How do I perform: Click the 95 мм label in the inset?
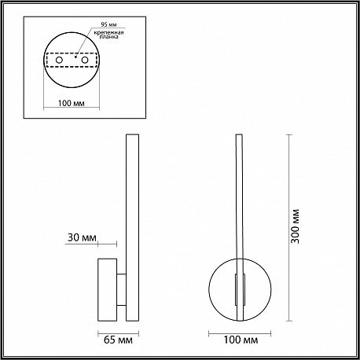(x=108, y=24)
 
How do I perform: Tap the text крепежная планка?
(x=108, y=35)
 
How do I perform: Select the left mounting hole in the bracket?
(x=59, y=60)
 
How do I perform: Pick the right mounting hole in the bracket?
(x=85, y=60)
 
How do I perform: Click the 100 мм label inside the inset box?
(x=72, y=103)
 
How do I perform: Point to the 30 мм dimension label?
(x=82, y=237)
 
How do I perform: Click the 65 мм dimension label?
(x=118, y=340)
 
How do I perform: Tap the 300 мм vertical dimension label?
(x=295, y=226)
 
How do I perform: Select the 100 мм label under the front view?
(x=241, y=340)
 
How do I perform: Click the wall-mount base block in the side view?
(x=108, y=290)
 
